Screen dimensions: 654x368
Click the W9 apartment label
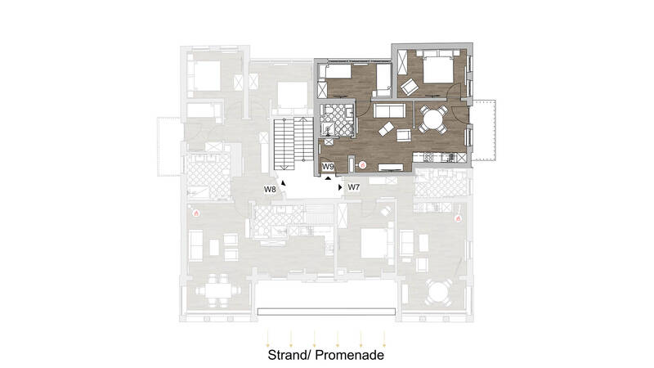329,167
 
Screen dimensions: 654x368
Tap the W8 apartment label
270,190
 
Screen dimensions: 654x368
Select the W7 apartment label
354,187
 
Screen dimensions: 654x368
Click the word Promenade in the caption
350,355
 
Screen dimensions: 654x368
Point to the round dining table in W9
432,120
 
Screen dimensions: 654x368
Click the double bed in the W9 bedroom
438,66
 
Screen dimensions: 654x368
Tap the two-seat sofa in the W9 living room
389,110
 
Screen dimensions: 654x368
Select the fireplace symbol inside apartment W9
362,165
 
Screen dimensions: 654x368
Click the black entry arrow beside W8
284,182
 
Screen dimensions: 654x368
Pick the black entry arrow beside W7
340,187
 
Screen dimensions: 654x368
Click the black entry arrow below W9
329,178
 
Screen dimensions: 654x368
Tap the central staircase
293,144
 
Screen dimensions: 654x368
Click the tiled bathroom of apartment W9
337,120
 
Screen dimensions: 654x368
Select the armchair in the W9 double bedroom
410,87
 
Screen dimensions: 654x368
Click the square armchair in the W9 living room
403,135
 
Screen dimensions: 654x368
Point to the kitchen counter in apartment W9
439,157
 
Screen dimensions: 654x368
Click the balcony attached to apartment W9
484,130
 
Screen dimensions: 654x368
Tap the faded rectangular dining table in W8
217,290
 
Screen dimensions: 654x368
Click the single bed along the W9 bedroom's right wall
383,80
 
